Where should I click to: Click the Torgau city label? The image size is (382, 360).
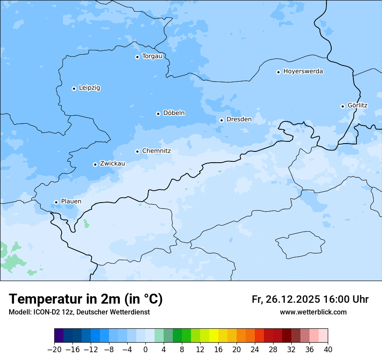pyautogui.click(x=152, y=56)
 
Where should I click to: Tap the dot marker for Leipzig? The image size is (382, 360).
pyautogui.click(x=74, y=88)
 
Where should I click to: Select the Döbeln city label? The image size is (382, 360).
pyautogui.click(x=174, y=113)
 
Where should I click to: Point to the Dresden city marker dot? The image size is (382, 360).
pyautogui.click(x=221, y=120)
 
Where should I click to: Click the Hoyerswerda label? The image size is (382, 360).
pyautogui.click(x=303, y=72)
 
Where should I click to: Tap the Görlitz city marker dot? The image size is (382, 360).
pyautogui.click(x=342, y=106)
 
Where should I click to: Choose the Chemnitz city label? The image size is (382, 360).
pyautogui.click(x=156, y=151)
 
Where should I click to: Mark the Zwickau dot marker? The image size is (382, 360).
pyautogui.click(x=95, y=164)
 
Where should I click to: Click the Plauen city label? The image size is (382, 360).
pyautogui.click(x=71, y=202)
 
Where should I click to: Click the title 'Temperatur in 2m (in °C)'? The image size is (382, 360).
pyautogui.click(x=86, y=299)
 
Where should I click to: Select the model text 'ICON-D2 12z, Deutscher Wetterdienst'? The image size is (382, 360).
pyautogui.click(x=79, y=312)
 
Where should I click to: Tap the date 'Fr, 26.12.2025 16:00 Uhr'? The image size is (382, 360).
pyautogui.click(x=310, y=299)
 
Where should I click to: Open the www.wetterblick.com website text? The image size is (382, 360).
pyautogui.click(x=313, y=312)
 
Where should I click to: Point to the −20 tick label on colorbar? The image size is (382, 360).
pyautogui.click(x=55, y=350)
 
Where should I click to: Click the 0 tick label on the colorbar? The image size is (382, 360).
pyautogui.click(x=145, y=350)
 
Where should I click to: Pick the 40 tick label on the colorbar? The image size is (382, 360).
pyautogui.click(x=328, y=350)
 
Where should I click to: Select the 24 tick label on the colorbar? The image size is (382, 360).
pyautogui.click(x=255, y=350)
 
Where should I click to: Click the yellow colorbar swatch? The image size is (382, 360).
pyautogui.click(x=214, y=336)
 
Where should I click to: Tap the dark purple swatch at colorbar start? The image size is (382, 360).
pyautogui.click(x=59, y=336)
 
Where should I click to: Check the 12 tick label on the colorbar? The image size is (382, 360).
pyautogui.click(x=200, y=350)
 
